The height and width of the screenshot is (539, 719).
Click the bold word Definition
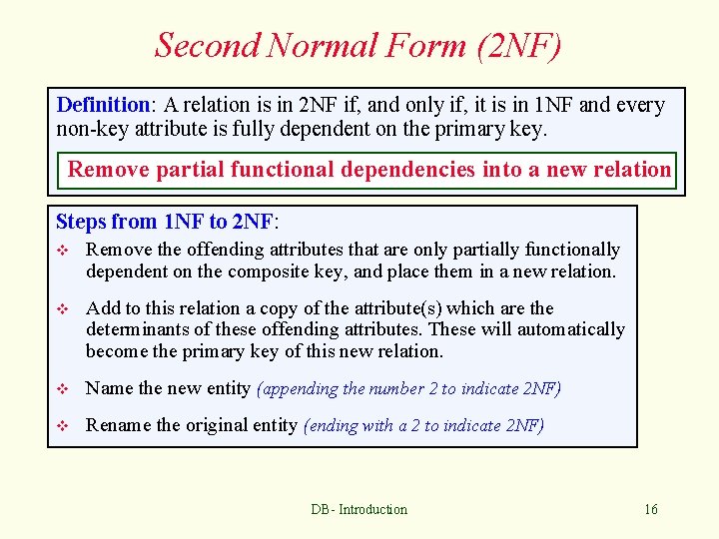pyautogui.click(x=103, y=105)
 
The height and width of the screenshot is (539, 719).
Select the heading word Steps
pyautogui.click(x=80, y=222)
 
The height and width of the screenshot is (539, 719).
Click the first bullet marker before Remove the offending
pyautogui.click(x=64, y=251)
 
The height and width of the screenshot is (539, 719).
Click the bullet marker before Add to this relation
pyautogui.click(x=64, y=309)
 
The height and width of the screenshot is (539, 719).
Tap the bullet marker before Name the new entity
pyautogui.click(x=64, y=389)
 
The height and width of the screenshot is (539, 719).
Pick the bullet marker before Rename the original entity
pyautogui.click(x=64, y=426)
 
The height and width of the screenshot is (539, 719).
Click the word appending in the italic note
pyautogui.click(x=301, y=389)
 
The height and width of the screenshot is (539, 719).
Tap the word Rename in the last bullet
pyautogui.click(x=116, y=426)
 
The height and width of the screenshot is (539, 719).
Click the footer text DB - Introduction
pyautogui.click(x=359, y=509)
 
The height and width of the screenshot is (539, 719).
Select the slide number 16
pyautogui.click(x=651, y=509)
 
